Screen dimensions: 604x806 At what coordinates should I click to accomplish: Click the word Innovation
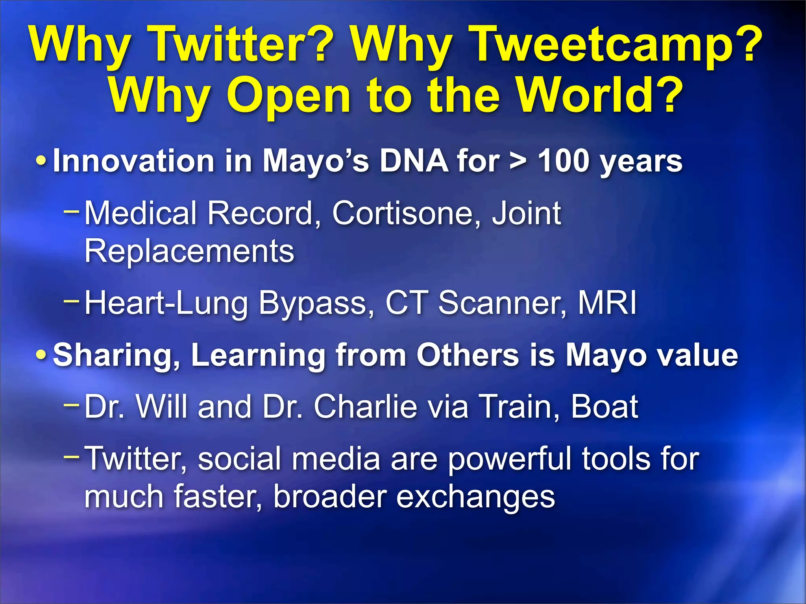point(133,161)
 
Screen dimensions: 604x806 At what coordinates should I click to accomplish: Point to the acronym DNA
point(413,161)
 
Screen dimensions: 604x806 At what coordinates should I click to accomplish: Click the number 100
point(563,161)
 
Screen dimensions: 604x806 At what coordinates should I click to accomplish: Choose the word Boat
point(604,407)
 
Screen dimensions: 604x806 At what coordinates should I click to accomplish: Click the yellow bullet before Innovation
point(41,161)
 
